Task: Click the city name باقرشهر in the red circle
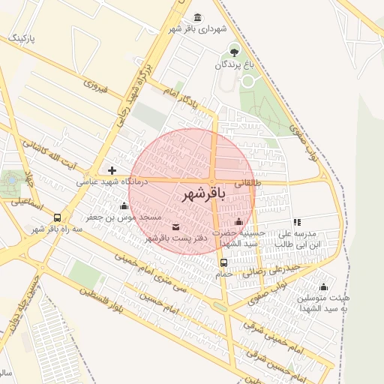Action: click(203, 193)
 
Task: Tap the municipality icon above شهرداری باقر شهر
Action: click(197, 17)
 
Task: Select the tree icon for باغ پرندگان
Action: click(235, 52)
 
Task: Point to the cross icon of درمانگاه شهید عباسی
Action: click(112, 171)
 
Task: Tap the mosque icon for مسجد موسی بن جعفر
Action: click(124, 205)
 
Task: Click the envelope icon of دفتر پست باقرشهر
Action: click(175, 226)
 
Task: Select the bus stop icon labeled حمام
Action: click(223, 262)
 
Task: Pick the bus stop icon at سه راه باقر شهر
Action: click(58, 217)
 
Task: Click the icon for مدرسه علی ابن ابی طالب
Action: click(298, 222)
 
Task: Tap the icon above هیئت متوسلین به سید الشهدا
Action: click(324, 286)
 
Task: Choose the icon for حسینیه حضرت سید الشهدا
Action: click(238, 221)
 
